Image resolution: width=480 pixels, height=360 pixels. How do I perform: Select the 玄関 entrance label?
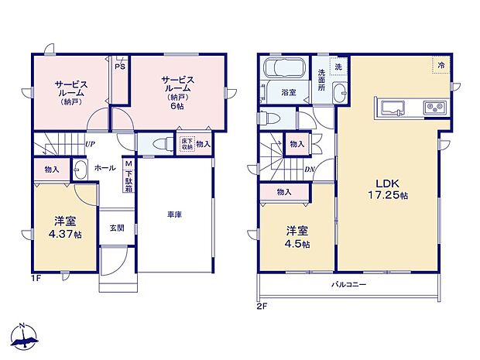[x=116, y=228]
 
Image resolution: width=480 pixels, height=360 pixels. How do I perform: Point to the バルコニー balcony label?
[x=351, y=284]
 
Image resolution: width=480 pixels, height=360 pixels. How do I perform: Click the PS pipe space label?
[x=119, y=67]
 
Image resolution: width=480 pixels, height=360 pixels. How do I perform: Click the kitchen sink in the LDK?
[x=386, y=107]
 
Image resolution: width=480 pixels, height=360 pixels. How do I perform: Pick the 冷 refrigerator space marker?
[x=439, y=66]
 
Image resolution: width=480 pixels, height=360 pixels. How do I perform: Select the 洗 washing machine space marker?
[x=338, y=67]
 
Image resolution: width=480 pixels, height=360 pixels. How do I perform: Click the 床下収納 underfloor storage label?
[x=186, y=143]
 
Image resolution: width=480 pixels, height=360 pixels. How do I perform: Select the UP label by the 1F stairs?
[x=90, y=144]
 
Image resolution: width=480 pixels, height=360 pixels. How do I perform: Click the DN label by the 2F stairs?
[x=309, y=171]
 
